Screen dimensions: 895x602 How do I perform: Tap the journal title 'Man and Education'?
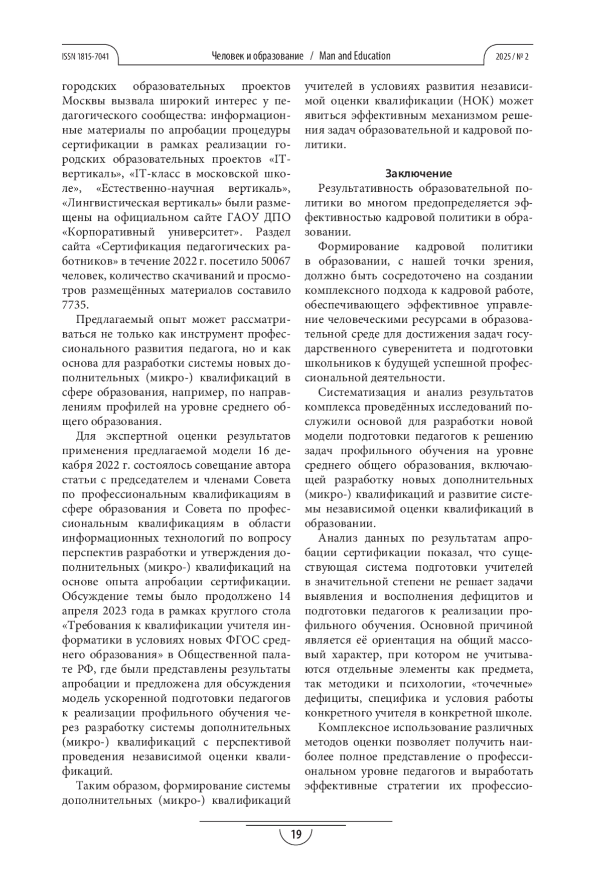pyautogui.click(x=355, y=56)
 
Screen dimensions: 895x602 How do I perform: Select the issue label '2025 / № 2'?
pyautogui.click(x=512, y=57)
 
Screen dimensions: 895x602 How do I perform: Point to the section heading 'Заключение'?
pyautogui.click(x=418, y=174)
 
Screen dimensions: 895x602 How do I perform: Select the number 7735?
pyautogui.click(x=76, y=305)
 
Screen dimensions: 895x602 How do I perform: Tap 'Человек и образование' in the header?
pyautogui.click(x=258, y=56)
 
